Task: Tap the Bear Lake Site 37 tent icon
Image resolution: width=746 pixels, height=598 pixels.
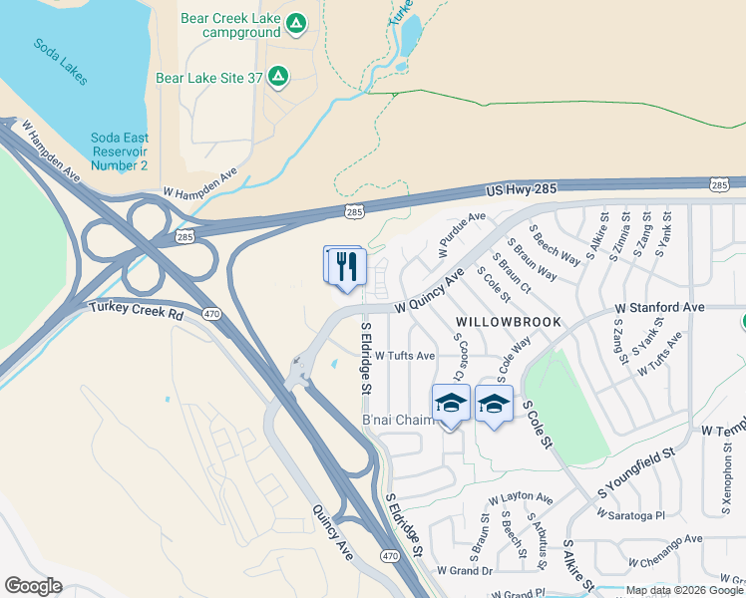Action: tap(278, 76)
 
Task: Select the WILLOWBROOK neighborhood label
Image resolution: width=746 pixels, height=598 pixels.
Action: tap(509, 323)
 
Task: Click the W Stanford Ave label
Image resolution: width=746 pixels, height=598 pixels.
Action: tap(659, 308)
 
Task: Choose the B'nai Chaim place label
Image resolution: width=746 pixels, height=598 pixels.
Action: tap(398, 420)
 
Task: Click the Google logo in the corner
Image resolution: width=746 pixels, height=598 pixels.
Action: tap(33, 586)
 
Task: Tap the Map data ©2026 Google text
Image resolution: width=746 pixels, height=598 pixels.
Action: tap(685, 590)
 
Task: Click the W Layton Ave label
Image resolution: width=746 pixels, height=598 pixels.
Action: tap(520, 497)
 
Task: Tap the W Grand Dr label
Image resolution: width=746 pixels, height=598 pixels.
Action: tap(465, 570)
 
